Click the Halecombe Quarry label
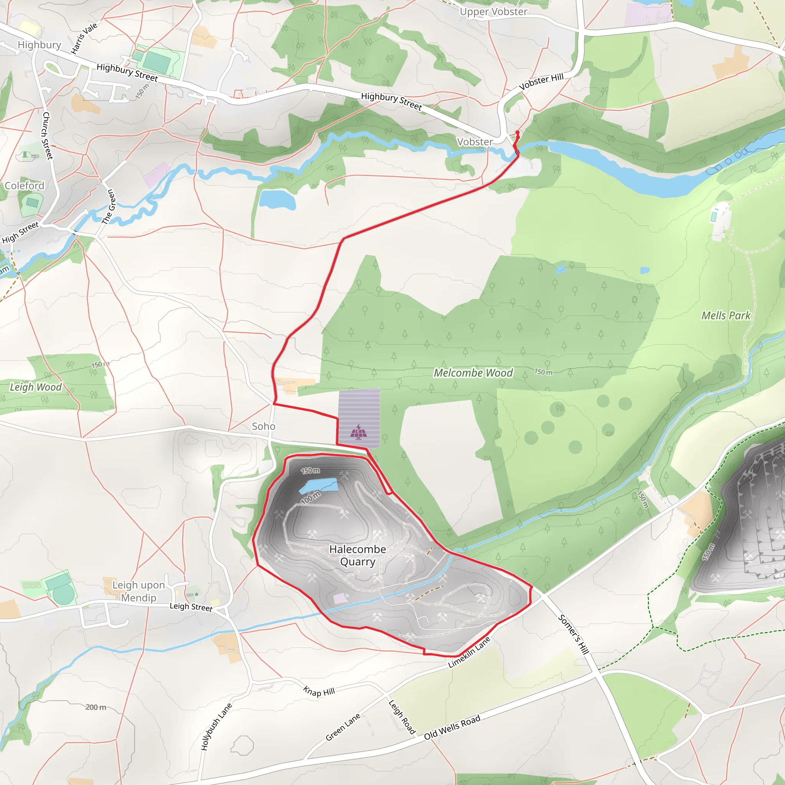(358, 555)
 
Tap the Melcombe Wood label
(473, 373)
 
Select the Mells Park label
(726, 315)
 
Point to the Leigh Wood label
(36, 387)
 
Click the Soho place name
(263, 426)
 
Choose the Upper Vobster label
(493, 12)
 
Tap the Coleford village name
(25, 186)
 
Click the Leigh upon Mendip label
(138, 591)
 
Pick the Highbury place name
(39, 45)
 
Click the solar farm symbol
(358, 432)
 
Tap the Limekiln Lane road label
(469, 652)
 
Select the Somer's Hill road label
(573, 634)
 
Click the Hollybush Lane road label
(216, 726)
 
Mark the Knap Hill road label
(319, 691)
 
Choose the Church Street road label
(47, 136)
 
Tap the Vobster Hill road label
(541, 81)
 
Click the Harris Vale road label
(84, 38)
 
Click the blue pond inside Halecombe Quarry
(319, 486)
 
